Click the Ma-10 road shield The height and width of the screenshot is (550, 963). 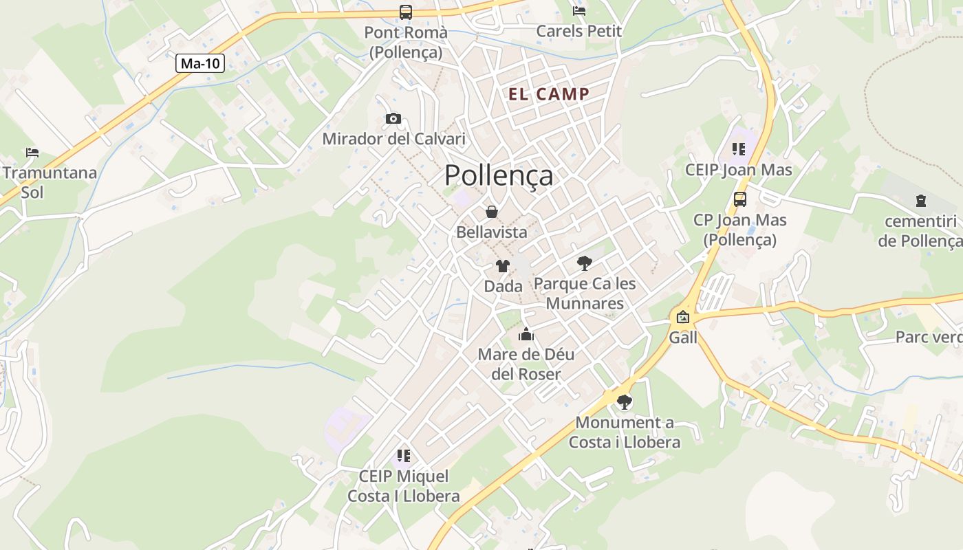click(x=200, y=64)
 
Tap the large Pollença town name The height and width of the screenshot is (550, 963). click(x=499, y=175)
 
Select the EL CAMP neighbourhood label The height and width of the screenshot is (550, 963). click(x=549, y=94)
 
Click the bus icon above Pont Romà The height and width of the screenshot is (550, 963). click(x=406, y=12)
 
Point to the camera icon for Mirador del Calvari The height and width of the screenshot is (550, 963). click(x=393, y=118)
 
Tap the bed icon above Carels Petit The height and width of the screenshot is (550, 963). click(x=579, y=11)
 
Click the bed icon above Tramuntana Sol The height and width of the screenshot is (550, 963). click(x=32, y=152)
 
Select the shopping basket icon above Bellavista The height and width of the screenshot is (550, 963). click(x=492, y=212)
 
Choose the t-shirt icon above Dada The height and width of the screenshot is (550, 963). click(x=503, y=266)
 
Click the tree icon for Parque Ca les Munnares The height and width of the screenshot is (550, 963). click(x=584, y=263)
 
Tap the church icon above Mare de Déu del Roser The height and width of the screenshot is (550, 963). click(x=526, y=335)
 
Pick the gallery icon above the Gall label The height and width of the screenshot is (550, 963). click(x=683, y=317)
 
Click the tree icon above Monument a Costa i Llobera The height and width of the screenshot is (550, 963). click(x=624, y=402)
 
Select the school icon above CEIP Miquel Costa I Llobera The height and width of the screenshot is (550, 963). click(x=404, y=455)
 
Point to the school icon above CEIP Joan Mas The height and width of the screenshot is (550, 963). click(x=739, y=149)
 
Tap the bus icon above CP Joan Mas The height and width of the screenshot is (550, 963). click(x=740, y=199)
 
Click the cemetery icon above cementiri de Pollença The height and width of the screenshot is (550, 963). click(x=921, y=201)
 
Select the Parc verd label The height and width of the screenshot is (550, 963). click(x=929, y=337)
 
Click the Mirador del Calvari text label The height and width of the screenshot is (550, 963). click(x=393, y=139)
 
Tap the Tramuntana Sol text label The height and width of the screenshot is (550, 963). click(x=50, y=182)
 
